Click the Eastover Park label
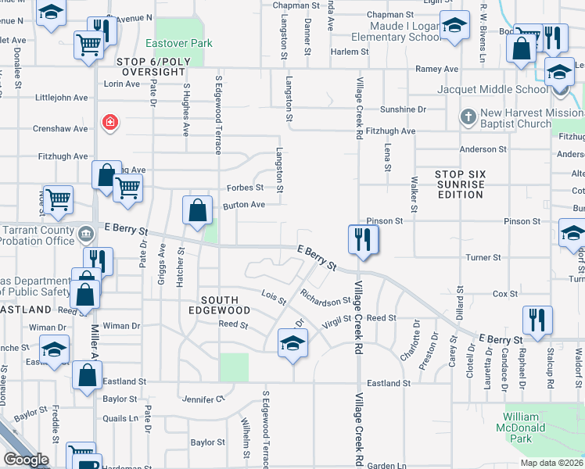[x=174, y=42]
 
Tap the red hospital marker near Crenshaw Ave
[x=110, y=122]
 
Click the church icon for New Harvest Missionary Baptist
[x=468, y=117]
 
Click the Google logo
[x=26, y=460]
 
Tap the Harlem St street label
[x=348, y=52]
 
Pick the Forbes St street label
[x=245, y=188]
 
